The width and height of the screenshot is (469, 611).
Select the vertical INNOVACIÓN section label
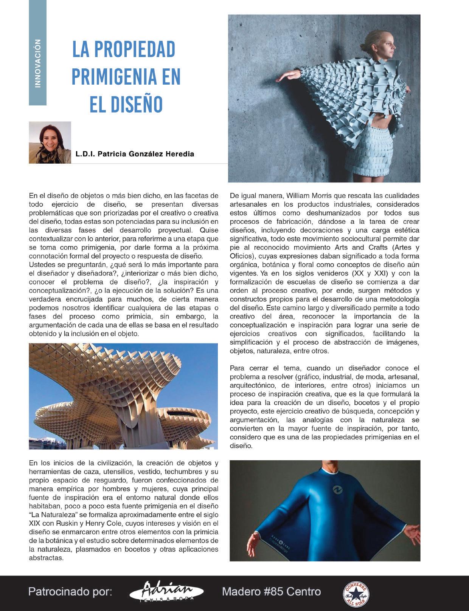click(x=37, y=63)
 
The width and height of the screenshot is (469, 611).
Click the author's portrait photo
click(x=50, y=142)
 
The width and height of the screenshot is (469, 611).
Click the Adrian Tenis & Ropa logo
click(x=166, y=592)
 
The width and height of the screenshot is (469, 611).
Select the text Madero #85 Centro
click(x=271, y=591)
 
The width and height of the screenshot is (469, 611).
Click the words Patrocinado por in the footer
click(x=70, y=592)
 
